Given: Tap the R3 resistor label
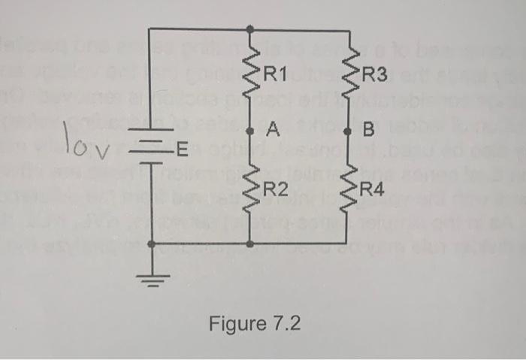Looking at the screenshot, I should click(x=373, y=74).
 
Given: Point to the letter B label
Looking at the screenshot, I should click(x=368, y=132).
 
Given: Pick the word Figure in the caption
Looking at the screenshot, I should click(x=235, y=325).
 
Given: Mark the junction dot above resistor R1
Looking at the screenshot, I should click(x=250, y=29).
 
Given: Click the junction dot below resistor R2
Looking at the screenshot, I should click(x=250, y=244).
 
